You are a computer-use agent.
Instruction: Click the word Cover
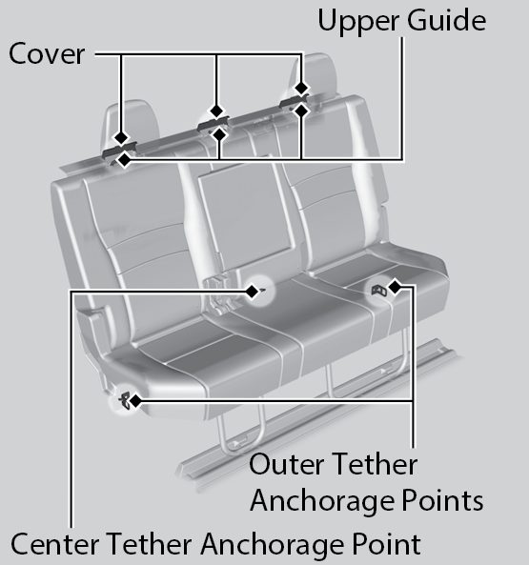[x=47, y=53]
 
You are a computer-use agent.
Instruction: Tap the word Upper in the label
[x=359, y=22]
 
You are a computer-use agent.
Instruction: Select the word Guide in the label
[x=447, y=21]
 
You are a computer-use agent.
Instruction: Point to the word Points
[x=442, y=501]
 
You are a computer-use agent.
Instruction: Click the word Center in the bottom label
[x=55, y=544]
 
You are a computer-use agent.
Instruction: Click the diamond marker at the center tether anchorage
[x=252, y=292]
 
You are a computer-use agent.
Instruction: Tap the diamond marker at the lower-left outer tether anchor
[x=135, y=401]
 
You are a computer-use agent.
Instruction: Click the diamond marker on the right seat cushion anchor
[x=395, y=287]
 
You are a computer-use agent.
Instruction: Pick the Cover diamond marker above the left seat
[x=121, y=137]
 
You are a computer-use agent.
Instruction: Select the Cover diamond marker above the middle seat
[x=216, y=111]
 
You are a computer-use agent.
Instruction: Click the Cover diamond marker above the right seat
[x=301, y=88]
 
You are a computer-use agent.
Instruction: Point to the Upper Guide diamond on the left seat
[x=125, y=160]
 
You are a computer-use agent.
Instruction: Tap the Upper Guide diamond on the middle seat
[x=219, y=134]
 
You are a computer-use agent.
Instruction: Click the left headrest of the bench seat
[x=132, y=123]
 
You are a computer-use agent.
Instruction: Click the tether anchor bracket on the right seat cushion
[x=379, y=290]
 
